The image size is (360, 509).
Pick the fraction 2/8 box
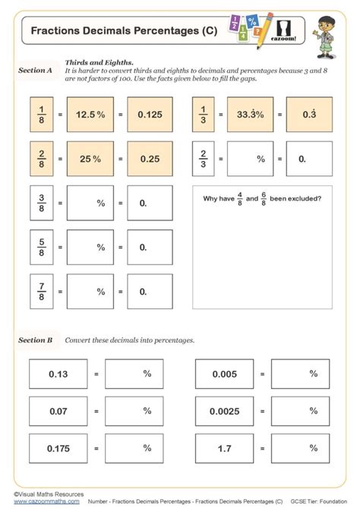42,159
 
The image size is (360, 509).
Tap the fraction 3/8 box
42,203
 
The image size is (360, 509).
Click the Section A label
35,70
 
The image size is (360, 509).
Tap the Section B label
35,340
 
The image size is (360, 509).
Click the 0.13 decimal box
58,374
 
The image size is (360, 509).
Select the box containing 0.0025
224,411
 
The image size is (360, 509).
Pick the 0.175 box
58,448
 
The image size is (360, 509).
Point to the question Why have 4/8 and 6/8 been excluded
262,199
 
